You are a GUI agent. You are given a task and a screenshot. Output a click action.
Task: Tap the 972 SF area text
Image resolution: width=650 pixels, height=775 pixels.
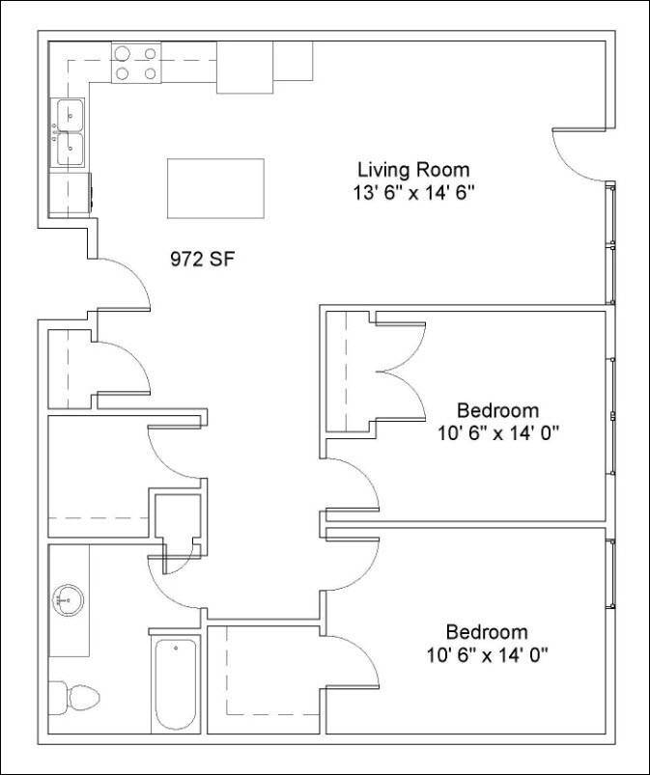tap(203, 259)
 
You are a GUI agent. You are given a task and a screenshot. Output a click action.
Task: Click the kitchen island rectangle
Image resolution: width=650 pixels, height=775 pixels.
tap(215, 189)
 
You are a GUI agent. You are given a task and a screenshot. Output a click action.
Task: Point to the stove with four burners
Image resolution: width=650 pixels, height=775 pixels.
tap(136, 63)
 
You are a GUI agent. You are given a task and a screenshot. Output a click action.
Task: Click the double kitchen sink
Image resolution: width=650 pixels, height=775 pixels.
tap(70, 133)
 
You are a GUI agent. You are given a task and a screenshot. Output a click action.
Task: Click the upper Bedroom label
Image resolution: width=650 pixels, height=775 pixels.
tap(497, 410)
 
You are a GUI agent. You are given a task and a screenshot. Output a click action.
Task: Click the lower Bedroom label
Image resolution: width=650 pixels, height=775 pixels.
tap(486, 633)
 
